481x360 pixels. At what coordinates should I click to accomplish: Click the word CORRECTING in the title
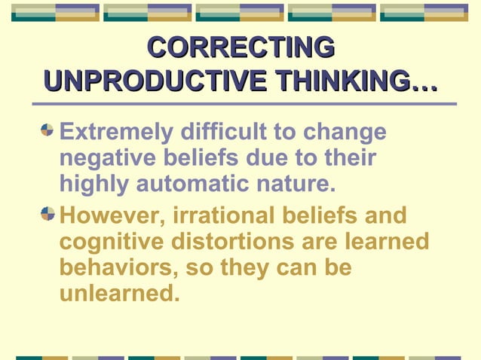240,47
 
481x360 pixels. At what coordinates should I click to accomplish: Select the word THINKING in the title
344,81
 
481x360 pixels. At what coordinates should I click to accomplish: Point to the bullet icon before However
47,214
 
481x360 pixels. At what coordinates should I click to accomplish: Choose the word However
111,216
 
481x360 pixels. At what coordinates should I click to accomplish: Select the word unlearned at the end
119,294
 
